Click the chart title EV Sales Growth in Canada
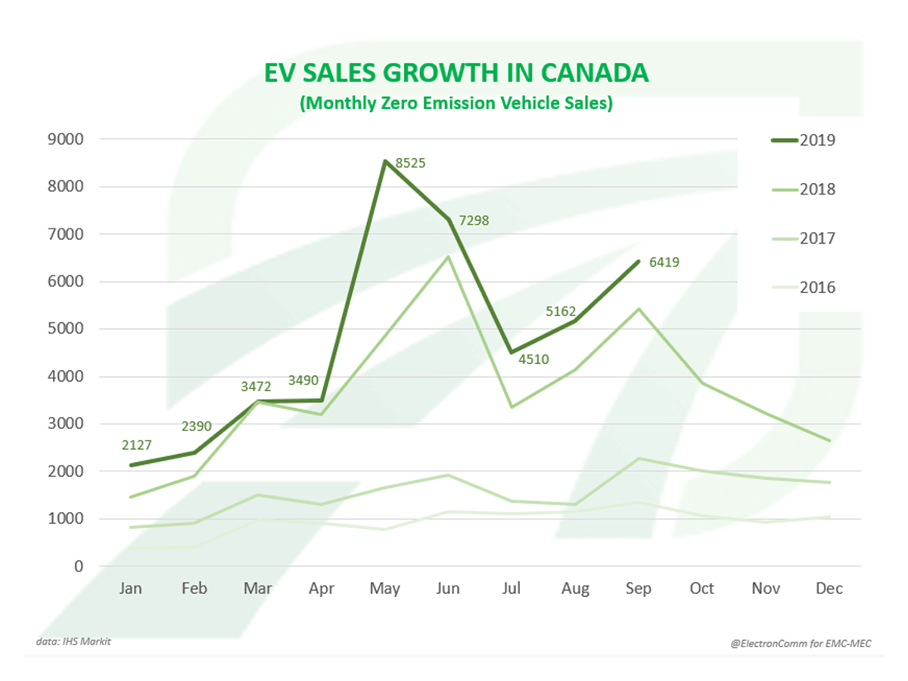tap(456, 73)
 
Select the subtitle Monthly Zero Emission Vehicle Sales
tap(456, 104)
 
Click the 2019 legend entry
tap(802, 140)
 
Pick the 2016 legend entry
tap(802, 288)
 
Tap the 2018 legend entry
tap(802, 189)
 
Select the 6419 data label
tap(664, 263)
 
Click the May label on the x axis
tap(384, 589)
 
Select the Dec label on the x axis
tap(829, 589)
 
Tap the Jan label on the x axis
tap(131, 589)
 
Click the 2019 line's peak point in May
tap(385, 161)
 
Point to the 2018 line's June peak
tap(449, 257)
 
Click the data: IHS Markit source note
tap(67, 642)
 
